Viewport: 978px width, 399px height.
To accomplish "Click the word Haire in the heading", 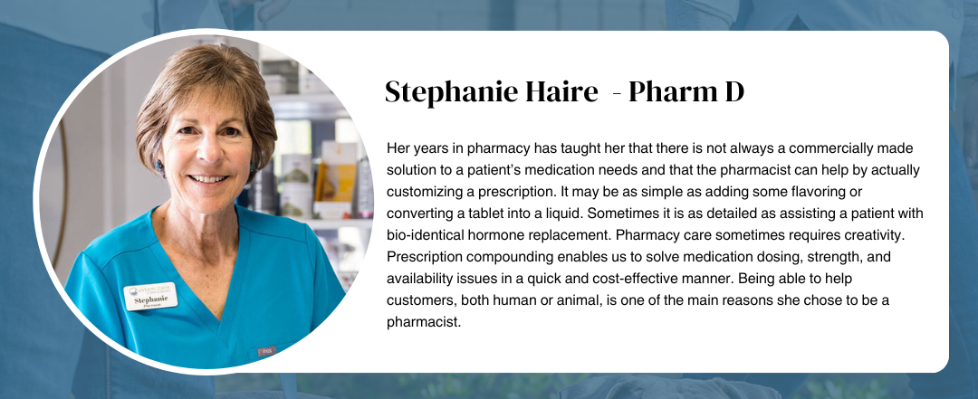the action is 565,91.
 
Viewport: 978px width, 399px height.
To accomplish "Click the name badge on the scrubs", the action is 150,297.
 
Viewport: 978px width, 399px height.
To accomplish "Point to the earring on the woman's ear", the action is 158,166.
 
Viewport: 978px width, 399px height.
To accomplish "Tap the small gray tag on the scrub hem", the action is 267,351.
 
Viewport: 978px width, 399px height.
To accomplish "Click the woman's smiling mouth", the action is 209,179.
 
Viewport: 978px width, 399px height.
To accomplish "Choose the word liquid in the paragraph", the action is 563,214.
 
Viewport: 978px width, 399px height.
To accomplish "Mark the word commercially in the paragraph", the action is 826,148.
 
